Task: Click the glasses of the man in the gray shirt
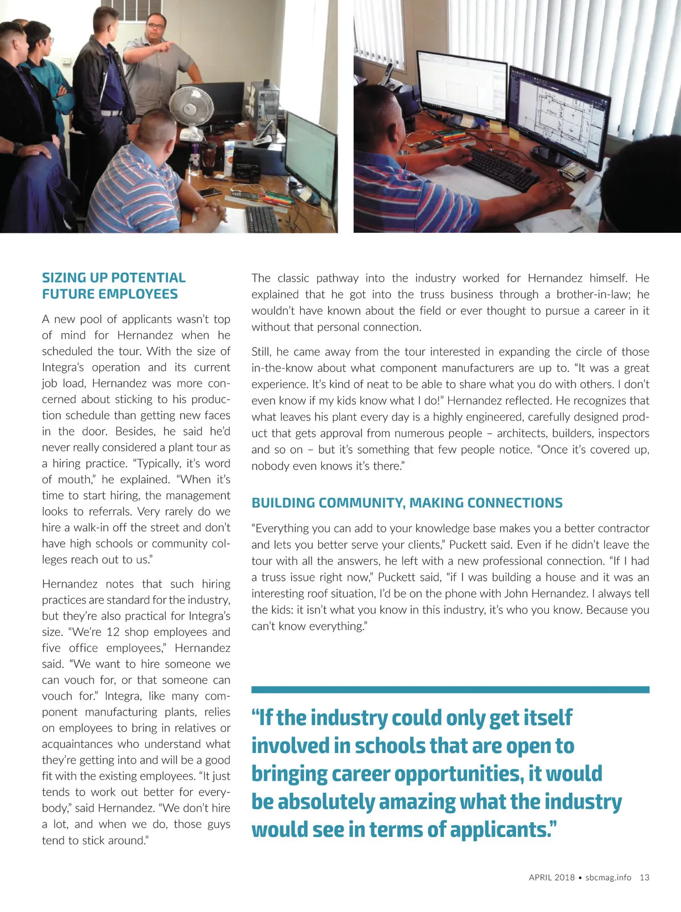point(155,25)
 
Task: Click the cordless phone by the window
point(389,76)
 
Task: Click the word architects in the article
point(529,433)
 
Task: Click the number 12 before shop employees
point(113,632)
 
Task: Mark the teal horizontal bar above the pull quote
point(450,689)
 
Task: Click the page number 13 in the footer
point(644,877)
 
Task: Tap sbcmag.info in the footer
point(608,877)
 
